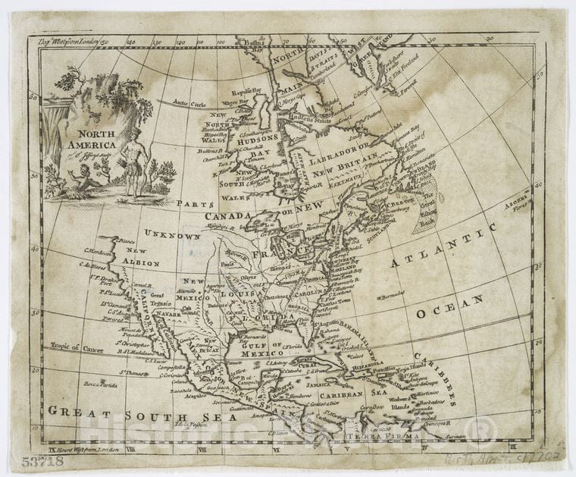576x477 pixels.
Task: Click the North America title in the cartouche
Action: [x=92, y=140]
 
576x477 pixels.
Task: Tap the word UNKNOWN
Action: [x=173, y=236]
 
